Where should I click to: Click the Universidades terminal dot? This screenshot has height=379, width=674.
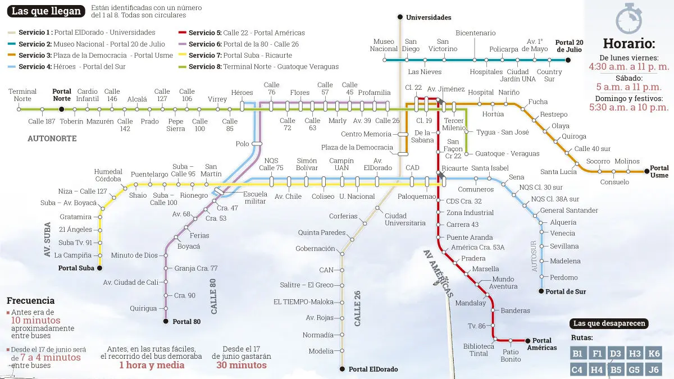click(400, 17)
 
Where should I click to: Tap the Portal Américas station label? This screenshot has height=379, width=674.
click(544, 344)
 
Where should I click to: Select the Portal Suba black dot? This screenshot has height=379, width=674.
click(100, 268)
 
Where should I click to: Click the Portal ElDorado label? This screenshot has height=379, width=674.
click(373, 369)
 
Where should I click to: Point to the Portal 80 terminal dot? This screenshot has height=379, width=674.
click(166, 322)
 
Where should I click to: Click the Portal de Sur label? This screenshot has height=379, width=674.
click(566, 291)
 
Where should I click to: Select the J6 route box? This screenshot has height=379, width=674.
click(653, 369)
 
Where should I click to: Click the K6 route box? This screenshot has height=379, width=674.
click(653, 353)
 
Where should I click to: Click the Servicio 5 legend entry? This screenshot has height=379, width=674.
click(242, 33)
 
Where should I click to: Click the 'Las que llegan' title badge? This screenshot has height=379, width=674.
click(47, 11)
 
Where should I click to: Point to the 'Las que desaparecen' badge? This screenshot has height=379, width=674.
click(609, 323)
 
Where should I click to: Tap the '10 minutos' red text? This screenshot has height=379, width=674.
click(35, 321)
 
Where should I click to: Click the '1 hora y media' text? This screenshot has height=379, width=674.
click(152, 365)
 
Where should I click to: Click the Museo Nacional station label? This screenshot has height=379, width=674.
click(384, 45)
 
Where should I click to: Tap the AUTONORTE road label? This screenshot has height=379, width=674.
click(52, 138)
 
